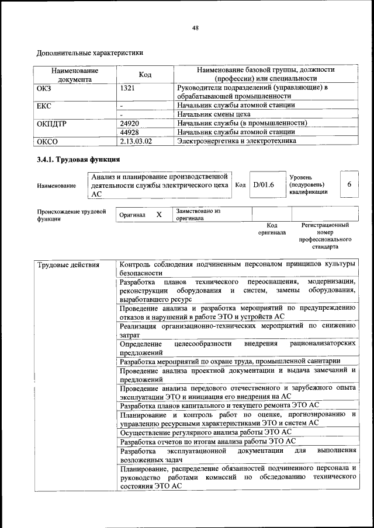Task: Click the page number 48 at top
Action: click(195, 28)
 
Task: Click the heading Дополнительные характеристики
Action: click(90, 53)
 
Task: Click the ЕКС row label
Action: click(45, 106)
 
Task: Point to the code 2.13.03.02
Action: click(136, 141)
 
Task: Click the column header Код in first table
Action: click(145, 74)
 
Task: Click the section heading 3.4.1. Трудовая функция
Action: click(78, 159)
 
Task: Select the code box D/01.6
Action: click(264, 185)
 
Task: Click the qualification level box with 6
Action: click(349, 184)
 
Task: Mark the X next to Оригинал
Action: click(158, 215)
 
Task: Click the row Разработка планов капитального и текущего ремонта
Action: click(219, 405)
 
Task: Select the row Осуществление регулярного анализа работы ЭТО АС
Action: click(205, 432)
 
